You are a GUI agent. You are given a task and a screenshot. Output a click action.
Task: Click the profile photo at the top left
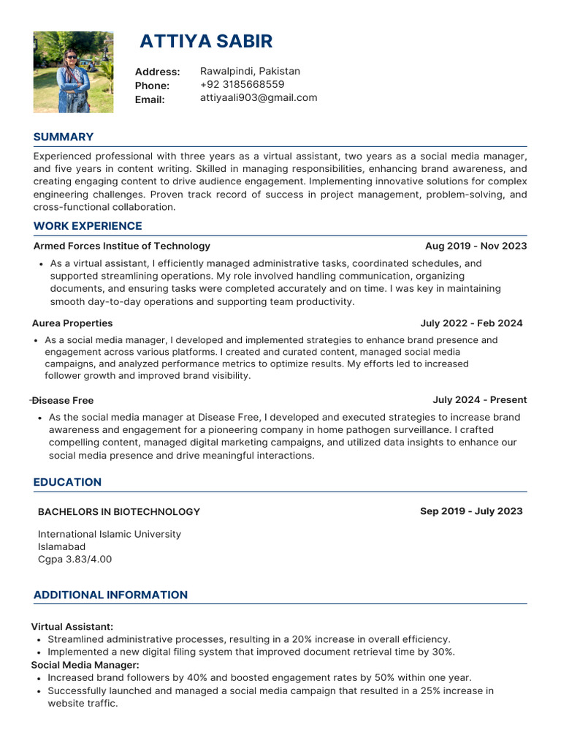click(73, 72)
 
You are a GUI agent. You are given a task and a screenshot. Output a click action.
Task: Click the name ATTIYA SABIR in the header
click(206, 41)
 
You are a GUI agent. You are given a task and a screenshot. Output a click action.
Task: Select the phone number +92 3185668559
click(242, 85)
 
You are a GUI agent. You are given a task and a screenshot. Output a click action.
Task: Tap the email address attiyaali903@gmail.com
click(259, 98)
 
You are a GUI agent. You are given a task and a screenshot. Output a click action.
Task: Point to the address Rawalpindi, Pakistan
click(250, 72)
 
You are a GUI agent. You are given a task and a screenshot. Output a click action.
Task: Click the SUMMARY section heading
click(64, 137)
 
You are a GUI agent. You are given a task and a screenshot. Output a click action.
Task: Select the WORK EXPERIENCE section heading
click(88, 226)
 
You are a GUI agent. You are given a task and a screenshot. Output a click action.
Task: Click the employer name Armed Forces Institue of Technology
click(121, 246)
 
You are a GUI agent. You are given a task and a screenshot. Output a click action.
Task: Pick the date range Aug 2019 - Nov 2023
click(476, 246)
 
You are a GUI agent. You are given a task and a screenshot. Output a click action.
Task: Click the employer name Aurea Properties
click(72, 323)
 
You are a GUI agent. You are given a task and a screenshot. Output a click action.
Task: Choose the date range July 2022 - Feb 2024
click(471, 323)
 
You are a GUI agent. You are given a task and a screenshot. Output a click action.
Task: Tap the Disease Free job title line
click(64, 401)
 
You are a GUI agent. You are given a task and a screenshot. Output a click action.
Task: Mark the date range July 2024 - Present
click(479, 400)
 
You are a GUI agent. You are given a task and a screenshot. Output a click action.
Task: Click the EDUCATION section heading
click(67, 482)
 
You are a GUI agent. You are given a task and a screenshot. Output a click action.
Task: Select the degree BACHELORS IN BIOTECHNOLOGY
click(118, 512)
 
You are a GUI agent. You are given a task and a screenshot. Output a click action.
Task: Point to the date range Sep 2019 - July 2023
click(471, 511)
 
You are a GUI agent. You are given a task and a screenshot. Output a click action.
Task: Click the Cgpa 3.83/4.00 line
click(75, 560)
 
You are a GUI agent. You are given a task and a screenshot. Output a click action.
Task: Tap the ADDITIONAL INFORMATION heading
click(110, 595)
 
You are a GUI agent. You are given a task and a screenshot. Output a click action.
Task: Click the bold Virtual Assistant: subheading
click(72, 627)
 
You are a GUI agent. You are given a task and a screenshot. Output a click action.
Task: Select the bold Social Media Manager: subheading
click(85, 665)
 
